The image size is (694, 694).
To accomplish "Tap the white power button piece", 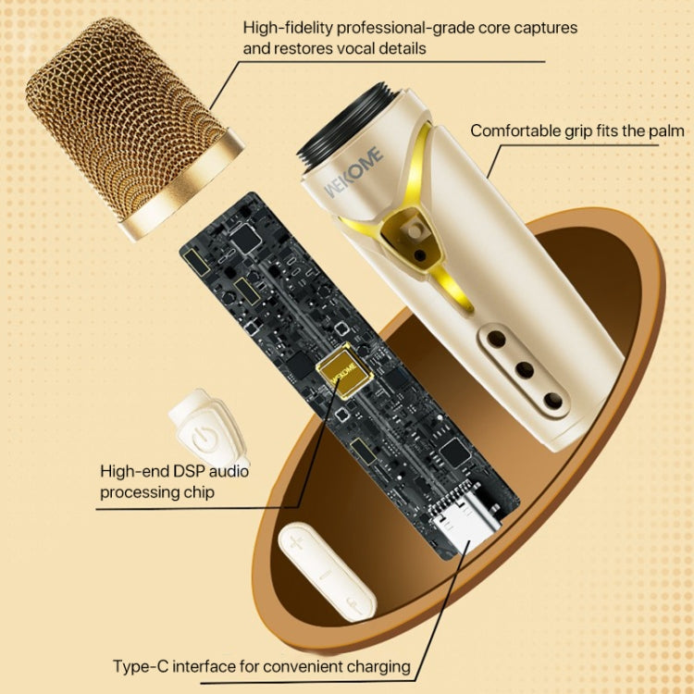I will point(199,430).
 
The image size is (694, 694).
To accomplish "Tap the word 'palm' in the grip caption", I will point(663,130).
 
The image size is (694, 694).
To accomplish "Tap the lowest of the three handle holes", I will point(553,400).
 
